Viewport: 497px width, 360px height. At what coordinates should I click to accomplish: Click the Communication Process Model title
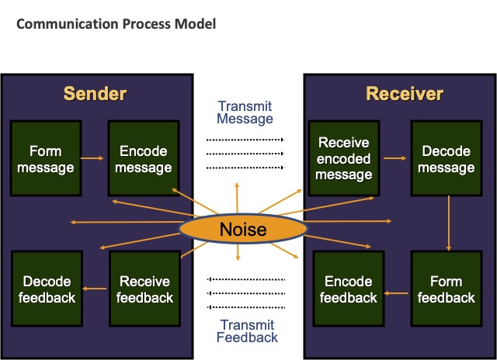(x=116, y=24)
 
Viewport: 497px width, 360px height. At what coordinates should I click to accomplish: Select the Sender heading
(x=95, y=94)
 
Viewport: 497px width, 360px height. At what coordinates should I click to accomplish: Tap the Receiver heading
(x=405, y=94)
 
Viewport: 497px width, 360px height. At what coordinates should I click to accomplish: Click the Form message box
(x=46, y=158)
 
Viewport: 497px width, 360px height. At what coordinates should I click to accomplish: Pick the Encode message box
(x=144, y=158)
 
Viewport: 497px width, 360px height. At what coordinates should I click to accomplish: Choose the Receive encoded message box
(x=344, y=158)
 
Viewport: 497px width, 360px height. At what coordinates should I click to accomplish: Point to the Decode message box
(x=447, y=158)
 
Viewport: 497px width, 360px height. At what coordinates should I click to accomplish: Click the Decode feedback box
(x=47, y=289)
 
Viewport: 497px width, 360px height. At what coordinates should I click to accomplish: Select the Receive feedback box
(x=145, y=289)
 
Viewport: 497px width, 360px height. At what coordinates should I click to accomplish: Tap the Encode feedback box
(x=349, y=289)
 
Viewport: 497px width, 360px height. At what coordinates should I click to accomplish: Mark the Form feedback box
(x=447, y=289)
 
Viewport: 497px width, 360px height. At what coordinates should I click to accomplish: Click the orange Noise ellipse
(x=243, y=229)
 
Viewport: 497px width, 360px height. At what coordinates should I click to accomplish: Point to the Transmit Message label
(x=245, y=112)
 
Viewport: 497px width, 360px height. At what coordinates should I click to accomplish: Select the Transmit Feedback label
(x=247, y=331)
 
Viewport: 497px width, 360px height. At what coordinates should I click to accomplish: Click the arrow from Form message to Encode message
(x=92, y=158)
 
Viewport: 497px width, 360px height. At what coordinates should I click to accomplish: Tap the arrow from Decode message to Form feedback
(x=449, y=223)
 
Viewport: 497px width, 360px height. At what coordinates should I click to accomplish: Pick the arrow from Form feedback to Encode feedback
(x=396, y=293)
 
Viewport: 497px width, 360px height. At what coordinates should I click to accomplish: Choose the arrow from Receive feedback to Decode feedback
(x=95, y=289)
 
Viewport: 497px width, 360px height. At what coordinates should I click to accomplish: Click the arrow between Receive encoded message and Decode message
(x=394, y=158)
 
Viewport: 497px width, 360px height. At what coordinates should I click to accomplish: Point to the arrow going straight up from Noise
(x=237, y=198)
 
